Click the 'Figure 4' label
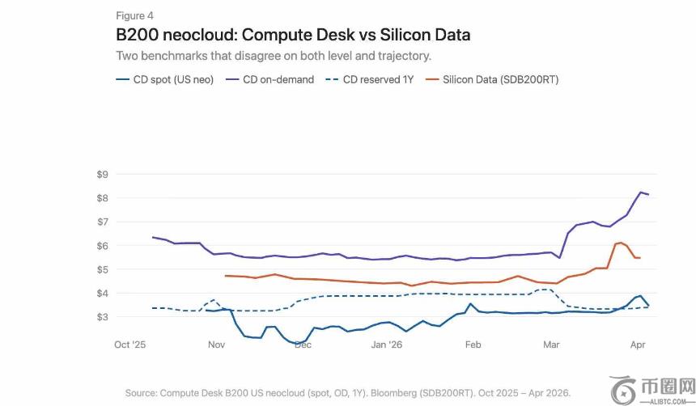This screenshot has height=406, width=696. pos(134,16)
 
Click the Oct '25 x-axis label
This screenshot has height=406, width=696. pos(130,345)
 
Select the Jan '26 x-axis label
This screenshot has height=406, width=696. pos(386,345)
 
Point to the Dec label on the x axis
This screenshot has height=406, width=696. pos(303,345)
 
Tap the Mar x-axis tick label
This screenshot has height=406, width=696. pos(551,345)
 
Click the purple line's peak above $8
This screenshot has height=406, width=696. pos(642,192)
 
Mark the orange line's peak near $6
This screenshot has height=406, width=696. pos(620,243)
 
